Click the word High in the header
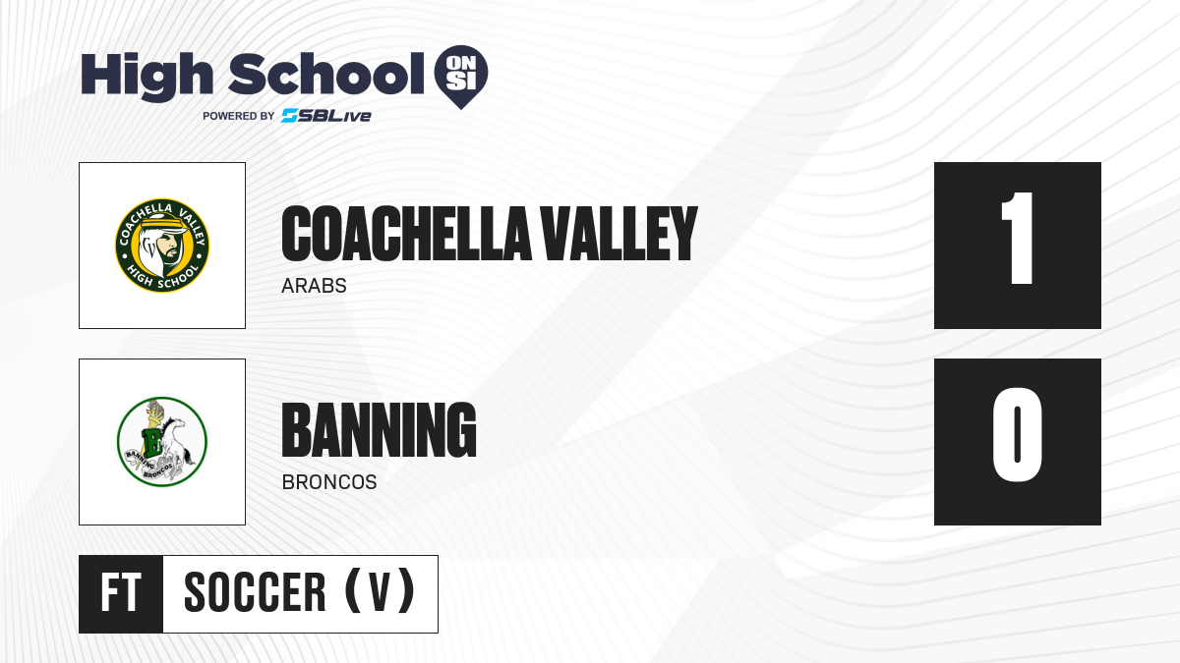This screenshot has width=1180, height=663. pyautogui.click(x=147, y=76)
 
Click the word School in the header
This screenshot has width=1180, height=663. pyautogui.click(x=326, y=74)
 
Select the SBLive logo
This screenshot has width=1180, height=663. pyautogui.click(x=326, y=116)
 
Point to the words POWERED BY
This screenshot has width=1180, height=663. pyautogui.click(x=239, y=116)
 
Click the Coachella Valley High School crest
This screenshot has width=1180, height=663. pyautogui.click(x=162, y=246)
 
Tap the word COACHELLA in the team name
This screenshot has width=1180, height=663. pyautogui.click(x=406, y=234)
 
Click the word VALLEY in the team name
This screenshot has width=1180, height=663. pyautogui.click(x=619, y=234)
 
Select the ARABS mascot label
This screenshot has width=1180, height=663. pyautogui.click(x=314, y=286)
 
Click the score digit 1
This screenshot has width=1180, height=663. pyautogui.click(x=1018, y=239)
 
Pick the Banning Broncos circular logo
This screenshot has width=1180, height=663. pyautogui.click(x=162, y=442)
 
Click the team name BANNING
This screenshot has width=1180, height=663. pyautogui.click(x=380, y=430)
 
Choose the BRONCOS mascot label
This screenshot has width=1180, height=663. pyautogui.click(x=329, y=482)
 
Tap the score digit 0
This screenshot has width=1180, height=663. pyautogui.click(x=1017, y=435)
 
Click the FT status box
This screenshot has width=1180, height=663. pyautogui.click(x=121, y=594)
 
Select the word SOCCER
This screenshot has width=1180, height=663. pyautogui.click(x=255, y=592)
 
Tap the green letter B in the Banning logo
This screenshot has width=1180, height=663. pyautogui.click(x=152, y=440)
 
